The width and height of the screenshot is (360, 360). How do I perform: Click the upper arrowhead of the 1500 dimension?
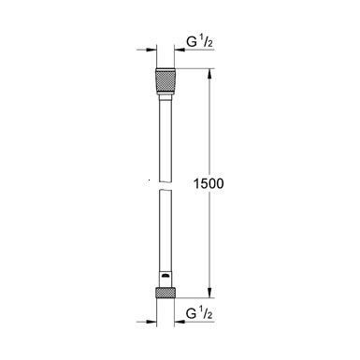(208, 73)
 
